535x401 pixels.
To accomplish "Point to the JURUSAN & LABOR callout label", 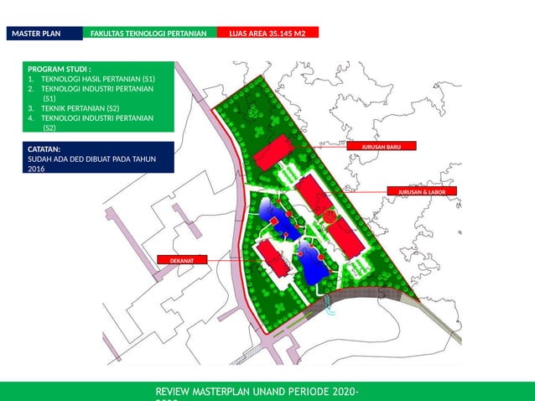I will click(x=422, y=192).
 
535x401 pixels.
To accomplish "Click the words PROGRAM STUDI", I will click(x=59, y=69).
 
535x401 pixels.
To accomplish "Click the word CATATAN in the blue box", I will click(x=49, y=148).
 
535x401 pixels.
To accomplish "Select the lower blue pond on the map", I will click(x=313, y=265).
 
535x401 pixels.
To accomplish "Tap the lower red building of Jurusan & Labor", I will click(x=345, y=238).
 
